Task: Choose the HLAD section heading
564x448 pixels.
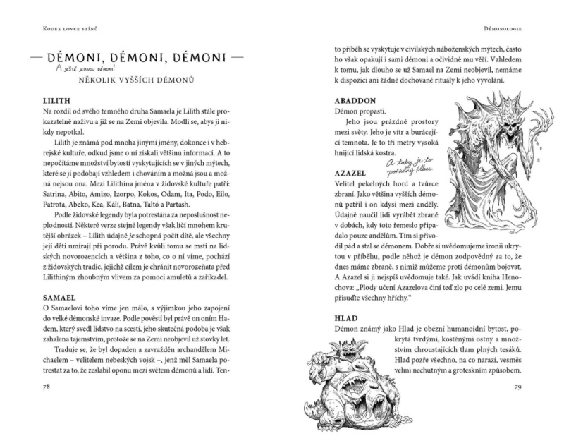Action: pos(347,319)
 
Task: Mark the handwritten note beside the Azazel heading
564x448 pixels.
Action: pos(406,166)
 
